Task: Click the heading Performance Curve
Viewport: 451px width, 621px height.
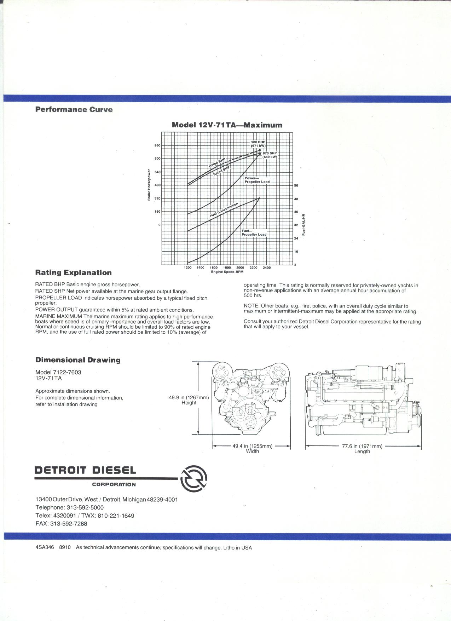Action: [74, 110]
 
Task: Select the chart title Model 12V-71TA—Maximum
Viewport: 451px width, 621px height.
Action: [227, 125]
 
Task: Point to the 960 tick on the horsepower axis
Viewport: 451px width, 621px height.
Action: [157, 145]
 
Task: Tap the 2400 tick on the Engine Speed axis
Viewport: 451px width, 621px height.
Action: [266, 268]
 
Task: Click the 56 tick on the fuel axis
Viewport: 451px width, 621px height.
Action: [296, 185]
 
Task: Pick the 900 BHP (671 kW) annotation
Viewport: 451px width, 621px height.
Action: [258, 144]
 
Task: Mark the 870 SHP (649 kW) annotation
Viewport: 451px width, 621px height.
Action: [270, 155]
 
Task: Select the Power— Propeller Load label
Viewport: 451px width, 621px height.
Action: [257, 180]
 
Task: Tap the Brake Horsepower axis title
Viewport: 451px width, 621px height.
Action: [149, 185]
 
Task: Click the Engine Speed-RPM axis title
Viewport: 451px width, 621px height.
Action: [227, 272]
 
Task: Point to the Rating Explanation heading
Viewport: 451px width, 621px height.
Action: [73, 273]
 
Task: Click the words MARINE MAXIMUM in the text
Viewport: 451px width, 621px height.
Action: [58, 316]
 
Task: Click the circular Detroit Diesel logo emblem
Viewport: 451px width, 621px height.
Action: [193, 478]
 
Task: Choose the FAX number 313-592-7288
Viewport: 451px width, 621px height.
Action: [69, 524]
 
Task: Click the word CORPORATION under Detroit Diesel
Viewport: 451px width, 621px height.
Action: [114, 484]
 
